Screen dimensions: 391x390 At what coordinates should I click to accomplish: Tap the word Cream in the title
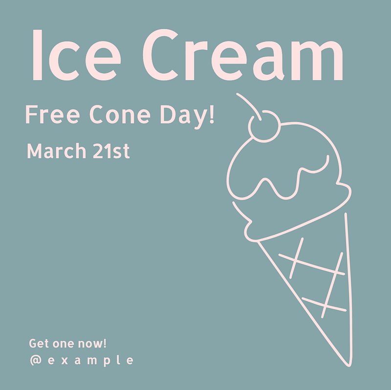tap(243, 55)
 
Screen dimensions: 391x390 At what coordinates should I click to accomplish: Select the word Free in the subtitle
tap(53, 115)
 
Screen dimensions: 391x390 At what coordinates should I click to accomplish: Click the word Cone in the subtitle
tap(120, 114)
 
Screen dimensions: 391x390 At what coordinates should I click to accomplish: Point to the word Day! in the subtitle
tap(187, 117)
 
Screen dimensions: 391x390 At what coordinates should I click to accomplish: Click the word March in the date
tap(56, 151)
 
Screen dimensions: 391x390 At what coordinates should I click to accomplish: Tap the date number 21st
tap(111, 151)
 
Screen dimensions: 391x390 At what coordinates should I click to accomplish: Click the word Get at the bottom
tap(39, 344)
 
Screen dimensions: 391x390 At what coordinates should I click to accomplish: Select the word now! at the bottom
tap(92, 344)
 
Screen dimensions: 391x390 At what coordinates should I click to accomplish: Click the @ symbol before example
tap(36, 360)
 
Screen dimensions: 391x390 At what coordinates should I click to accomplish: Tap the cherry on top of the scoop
tap(264, 126)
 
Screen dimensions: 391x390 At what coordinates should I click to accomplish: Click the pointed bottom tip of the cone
tap(348, 366)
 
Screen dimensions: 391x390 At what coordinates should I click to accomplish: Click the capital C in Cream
tap(160, 55)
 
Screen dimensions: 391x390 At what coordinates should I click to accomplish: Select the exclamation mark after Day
tap(212, 115)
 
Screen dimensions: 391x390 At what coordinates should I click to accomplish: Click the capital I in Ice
tap(37, 55)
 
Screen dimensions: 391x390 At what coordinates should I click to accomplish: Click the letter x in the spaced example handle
tap(65, 361)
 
